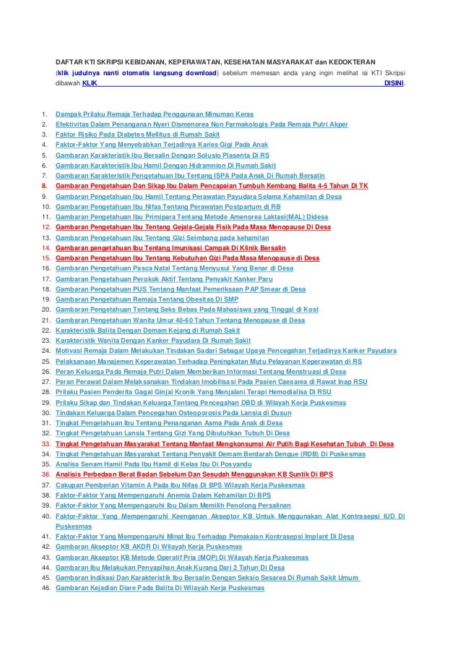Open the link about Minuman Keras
pyautogui.click(x=155, y=114)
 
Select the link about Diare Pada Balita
pyautogui.click(x=160, y=588)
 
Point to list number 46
pyautogui.click(x=45, y=588)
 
